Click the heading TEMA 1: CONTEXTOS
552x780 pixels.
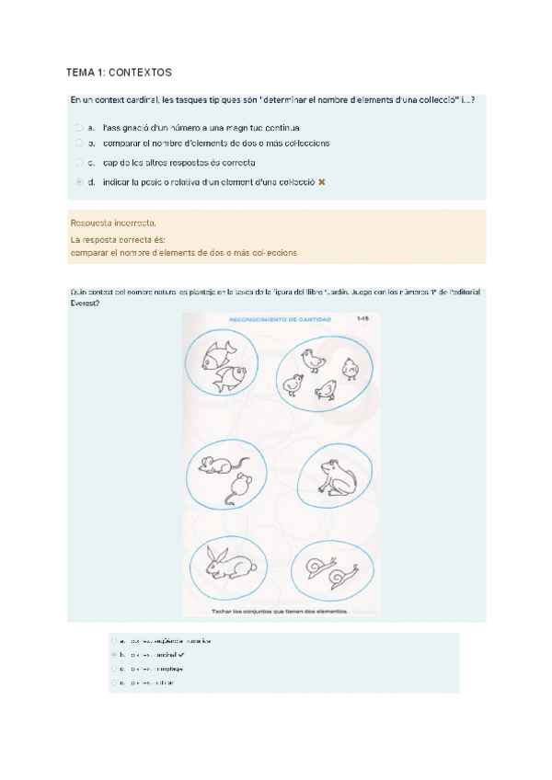point(119,72)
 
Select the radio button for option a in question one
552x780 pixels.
point(79,128)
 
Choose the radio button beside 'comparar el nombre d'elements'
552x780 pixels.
point(79,143)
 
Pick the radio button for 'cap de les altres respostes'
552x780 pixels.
point(79,163)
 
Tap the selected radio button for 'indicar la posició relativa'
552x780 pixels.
point(79,182)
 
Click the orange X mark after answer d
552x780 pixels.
point(321,182)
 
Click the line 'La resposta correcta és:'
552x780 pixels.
point(119,239)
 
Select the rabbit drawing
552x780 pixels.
point(227,563)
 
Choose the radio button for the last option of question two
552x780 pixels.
point(113,683)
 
